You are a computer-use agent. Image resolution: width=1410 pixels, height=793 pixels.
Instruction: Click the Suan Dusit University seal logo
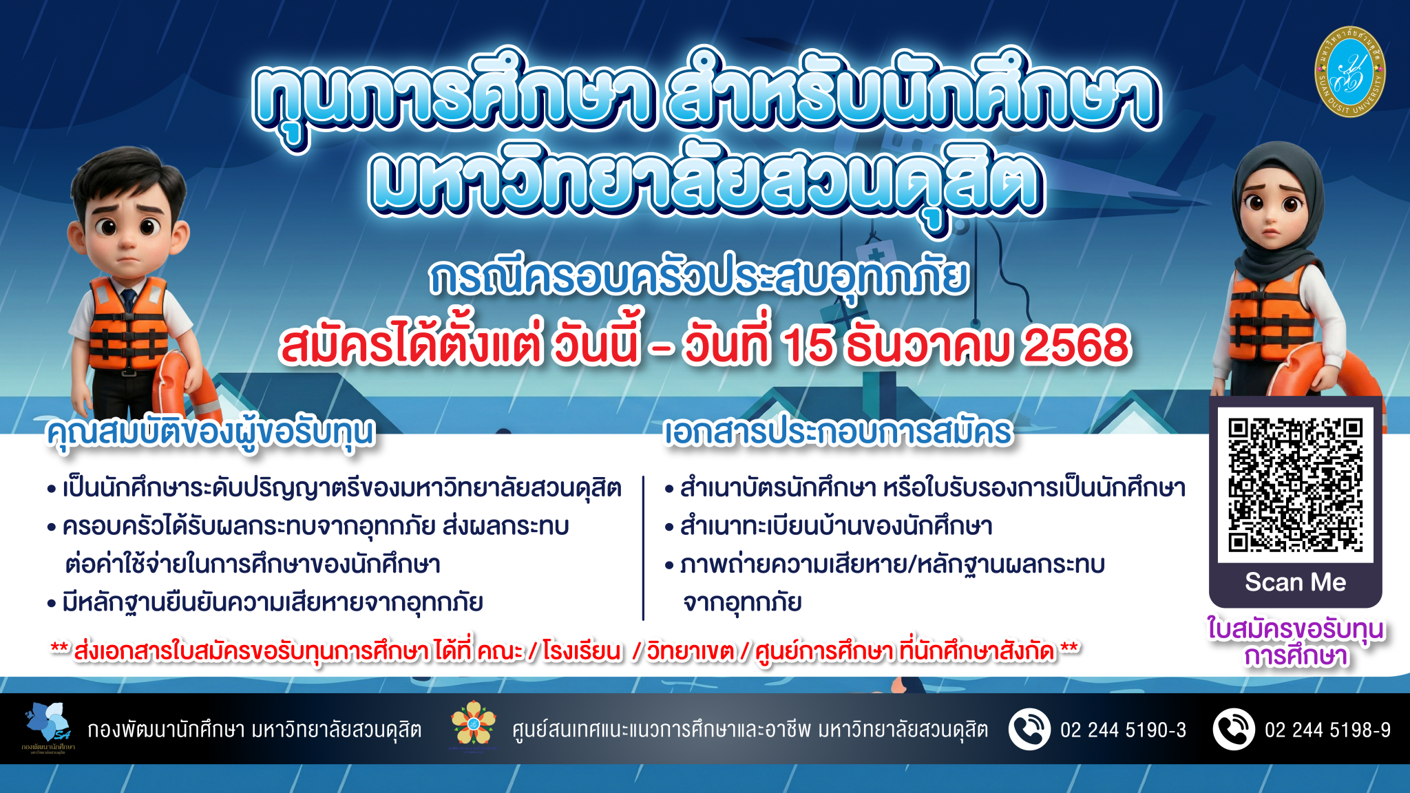(1349, 72)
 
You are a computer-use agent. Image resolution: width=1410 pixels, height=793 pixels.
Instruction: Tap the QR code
(1295, 485)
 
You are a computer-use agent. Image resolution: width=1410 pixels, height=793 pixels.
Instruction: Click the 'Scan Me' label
(1295, 582)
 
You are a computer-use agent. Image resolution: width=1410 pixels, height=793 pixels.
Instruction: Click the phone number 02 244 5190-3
(1123, 730)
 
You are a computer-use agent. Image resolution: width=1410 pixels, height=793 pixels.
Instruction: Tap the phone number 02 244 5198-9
(1327, 730)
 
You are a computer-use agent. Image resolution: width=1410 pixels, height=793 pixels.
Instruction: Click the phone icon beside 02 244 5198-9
(1234, 729)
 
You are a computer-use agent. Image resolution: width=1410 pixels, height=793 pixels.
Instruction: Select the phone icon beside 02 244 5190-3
(1029, 729)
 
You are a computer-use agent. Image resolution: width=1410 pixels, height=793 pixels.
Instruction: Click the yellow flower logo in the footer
(473, 723)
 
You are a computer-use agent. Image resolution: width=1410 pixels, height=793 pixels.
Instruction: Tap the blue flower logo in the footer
(48, 723)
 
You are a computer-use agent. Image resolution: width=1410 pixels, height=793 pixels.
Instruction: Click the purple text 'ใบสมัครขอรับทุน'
(1296, 629)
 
